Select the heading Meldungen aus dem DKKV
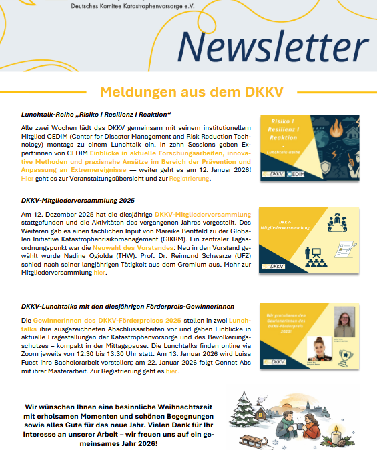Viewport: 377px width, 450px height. pos(187,91)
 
